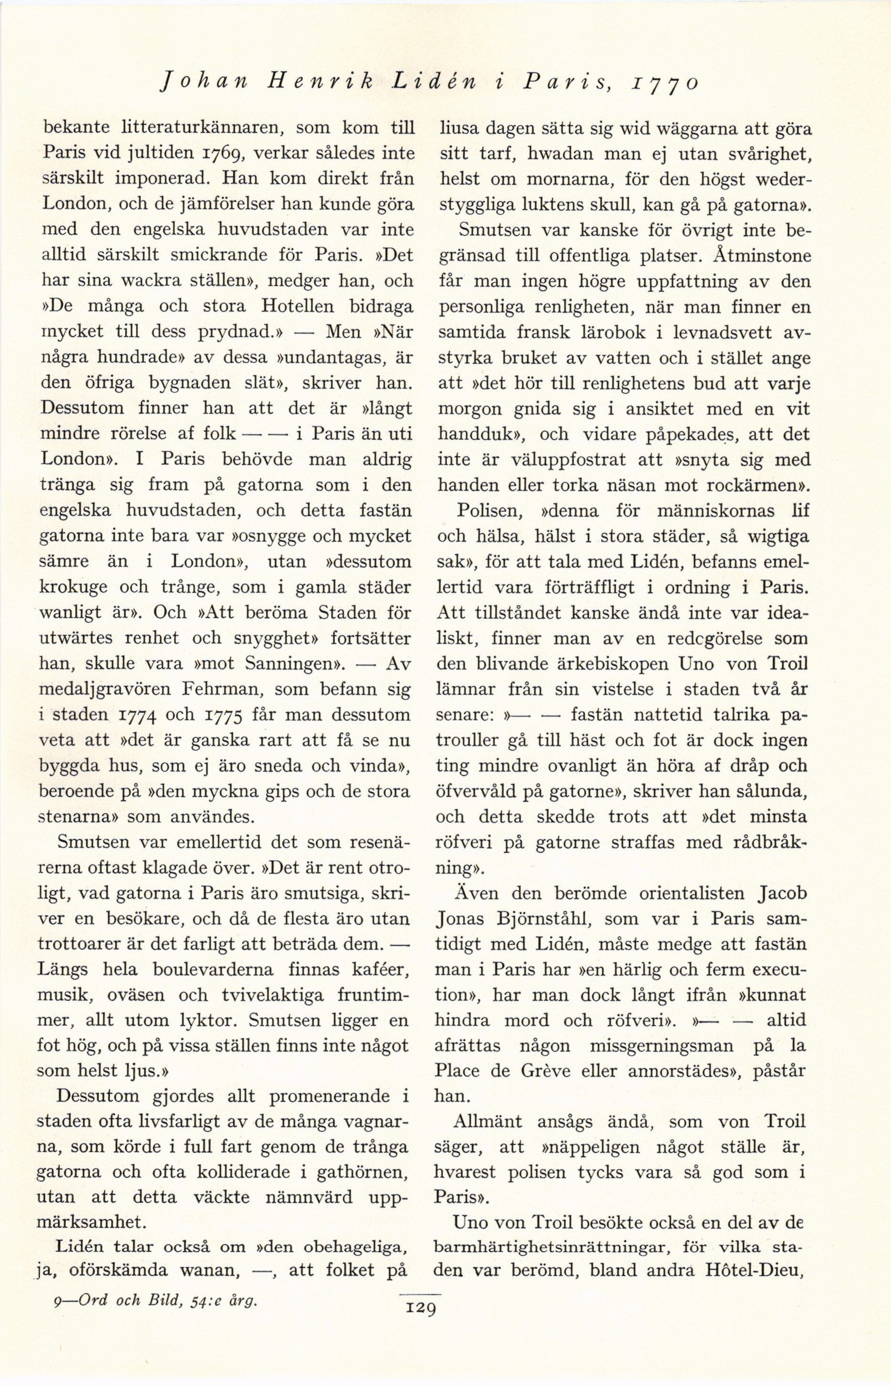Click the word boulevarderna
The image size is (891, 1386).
(222, 969)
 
